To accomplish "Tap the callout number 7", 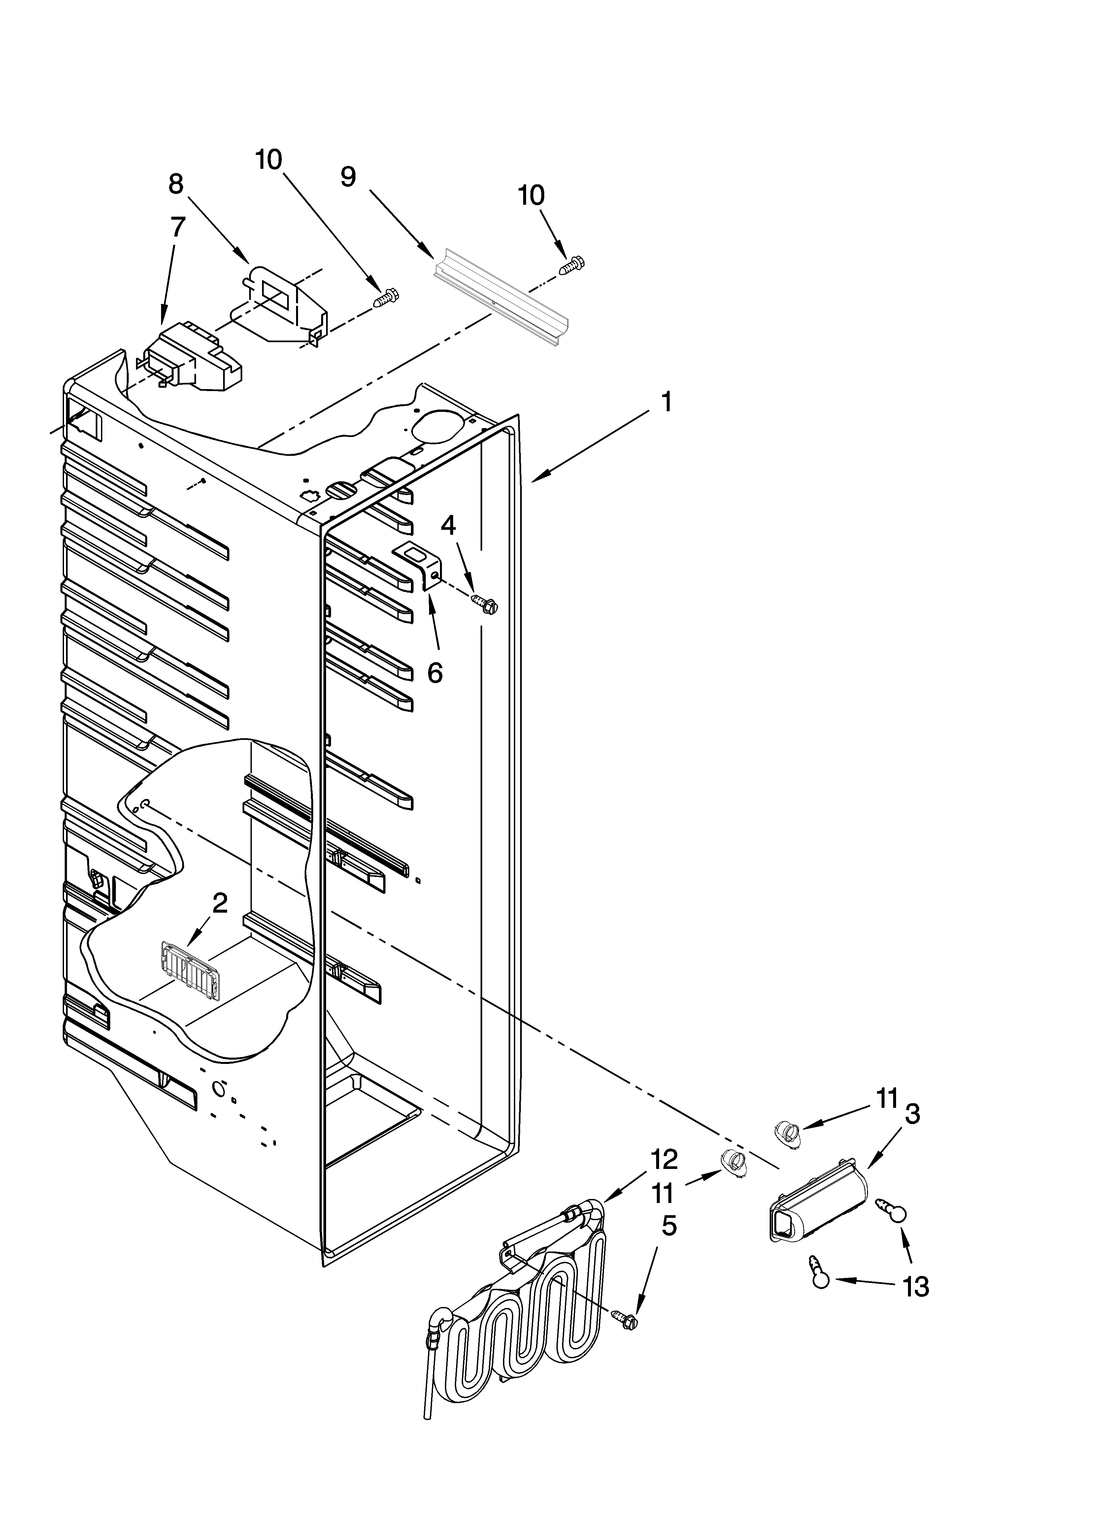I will click(x=177, y=227).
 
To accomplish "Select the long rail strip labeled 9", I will click(x=501, y=298).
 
